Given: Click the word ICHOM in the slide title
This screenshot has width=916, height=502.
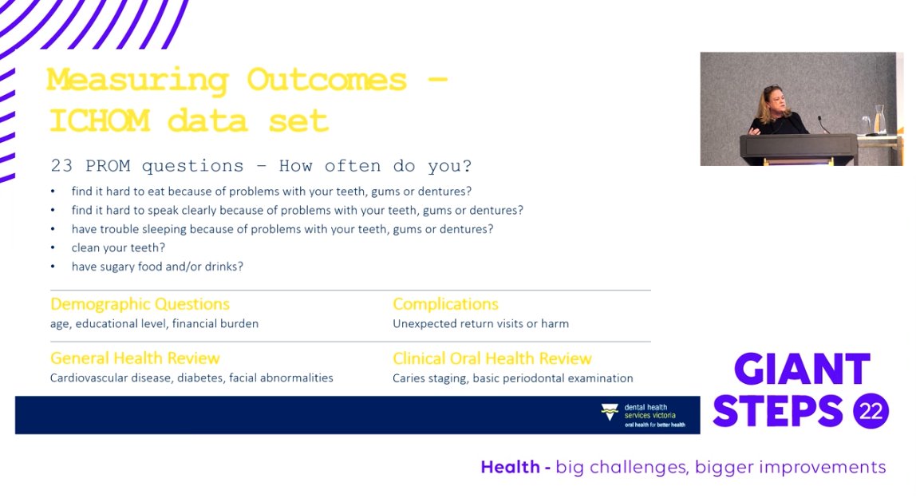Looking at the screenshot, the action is (x=99, y=121).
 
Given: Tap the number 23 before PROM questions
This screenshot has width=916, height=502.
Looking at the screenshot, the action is (x=62, y=166).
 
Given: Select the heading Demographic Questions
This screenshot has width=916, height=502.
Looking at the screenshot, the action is (x=140, y=305).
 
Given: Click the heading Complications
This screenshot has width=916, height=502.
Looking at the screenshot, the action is (x=445, y=304).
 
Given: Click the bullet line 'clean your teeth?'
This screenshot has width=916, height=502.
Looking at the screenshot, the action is (x=118, y=247).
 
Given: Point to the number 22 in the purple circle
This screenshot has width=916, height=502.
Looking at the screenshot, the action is (x=871, y=411).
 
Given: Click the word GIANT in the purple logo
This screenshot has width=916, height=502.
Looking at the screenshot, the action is (x=802, y=369).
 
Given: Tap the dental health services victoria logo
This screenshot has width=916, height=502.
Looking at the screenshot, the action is (x=642, y=416).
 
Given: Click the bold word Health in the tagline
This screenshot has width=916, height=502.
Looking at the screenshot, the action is (x=510, y=467).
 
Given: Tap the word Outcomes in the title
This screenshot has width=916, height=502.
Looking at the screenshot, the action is (x=326, y=80).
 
